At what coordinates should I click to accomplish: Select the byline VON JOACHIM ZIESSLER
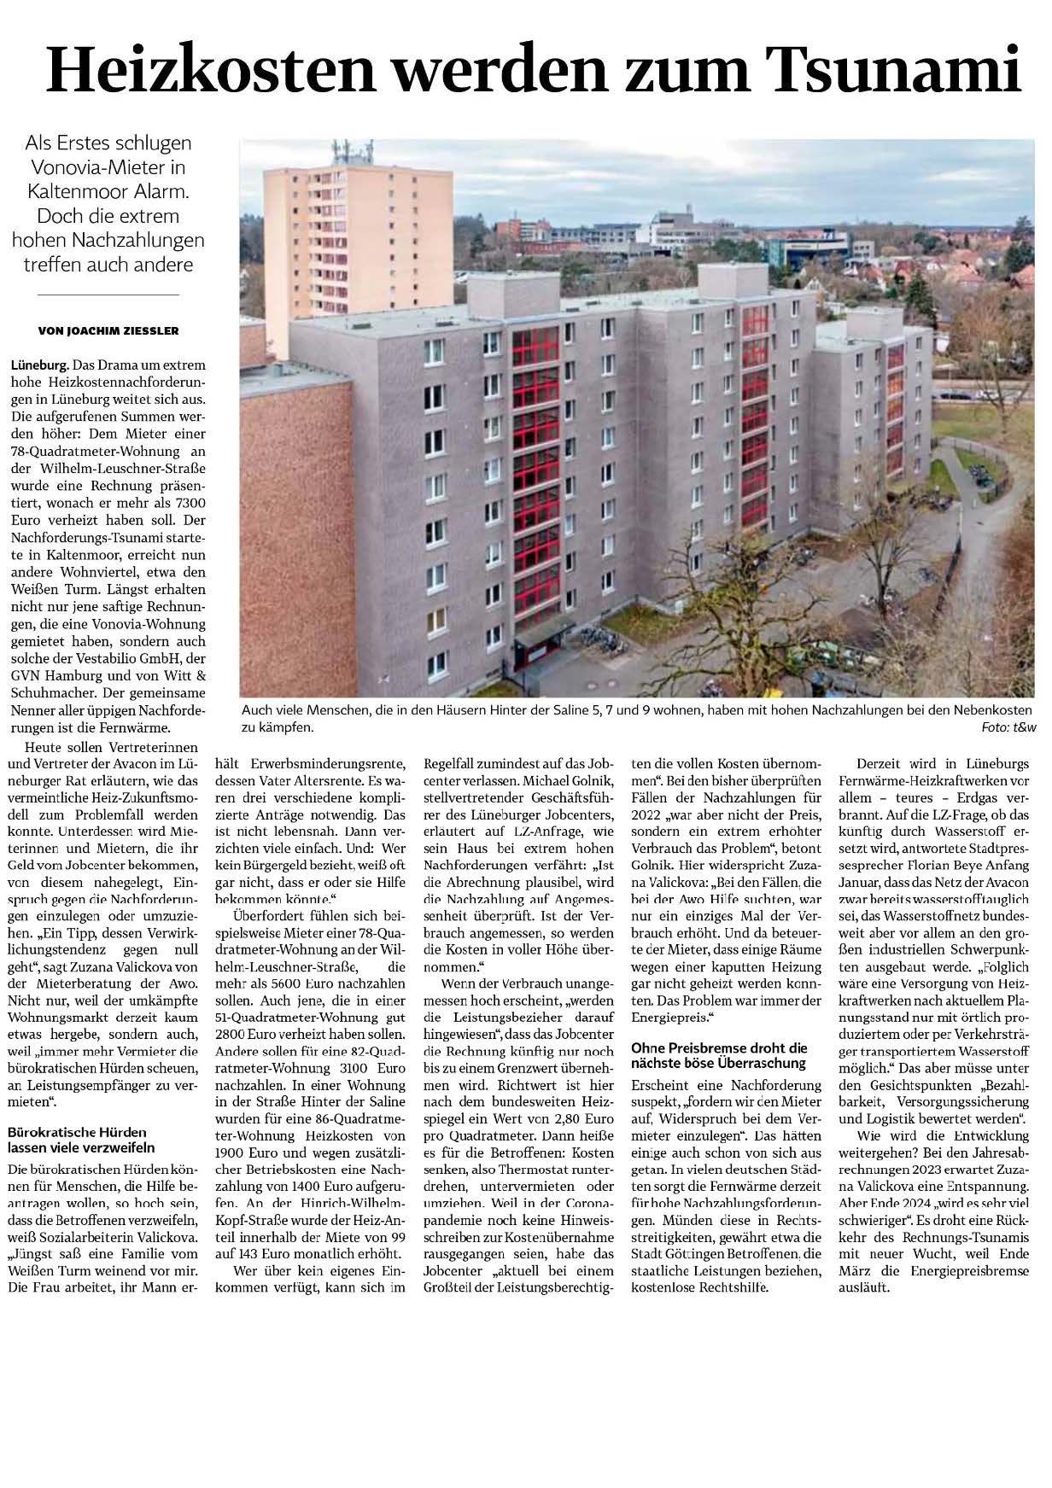click(108, 330)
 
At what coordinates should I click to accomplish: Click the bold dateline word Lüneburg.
click(39, 365)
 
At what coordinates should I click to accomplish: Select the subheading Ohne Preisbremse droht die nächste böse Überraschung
click(719, 1055)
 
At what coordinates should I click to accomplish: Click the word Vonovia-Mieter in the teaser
click(108, 167)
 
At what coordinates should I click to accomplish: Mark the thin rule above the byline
click(108, 295)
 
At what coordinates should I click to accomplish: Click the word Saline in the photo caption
click(669, 710)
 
